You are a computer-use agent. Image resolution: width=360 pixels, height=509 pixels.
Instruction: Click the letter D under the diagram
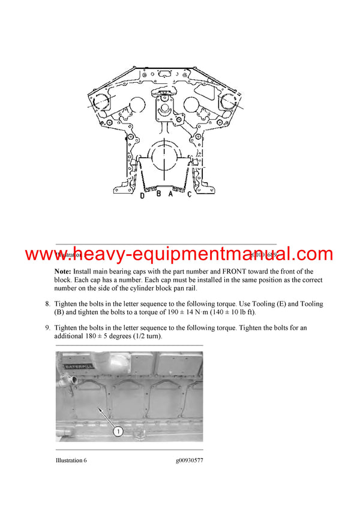click(x=142, y=195)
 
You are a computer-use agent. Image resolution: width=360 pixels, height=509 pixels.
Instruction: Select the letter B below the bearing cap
click(x=158, y=194)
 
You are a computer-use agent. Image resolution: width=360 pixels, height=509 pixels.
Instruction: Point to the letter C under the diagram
click(x=189, y=194)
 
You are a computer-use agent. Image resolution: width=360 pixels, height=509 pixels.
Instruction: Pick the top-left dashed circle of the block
click(x=104, y=103)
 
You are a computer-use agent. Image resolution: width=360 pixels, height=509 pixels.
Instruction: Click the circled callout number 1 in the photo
click(x=118, y=430)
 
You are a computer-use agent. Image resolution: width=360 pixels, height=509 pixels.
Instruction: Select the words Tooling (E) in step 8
click(x=274, y=304)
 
